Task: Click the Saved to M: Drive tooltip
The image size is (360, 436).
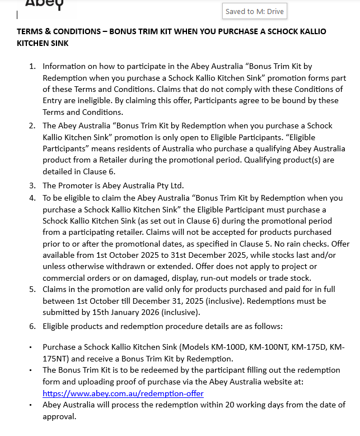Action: click(x=254, y=11)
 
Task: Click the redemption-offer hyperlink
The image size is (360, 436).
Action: click(x=123, y=393)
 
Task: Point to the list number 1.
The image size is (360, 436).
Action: click(x=32, y=66)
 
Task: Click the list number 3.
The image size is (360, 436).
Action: click(x=32, y=185)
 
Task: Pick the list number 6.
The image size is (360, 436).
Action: click(x=32, y=326)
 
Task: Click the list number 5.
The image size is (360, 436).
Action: click(x=32, y=289)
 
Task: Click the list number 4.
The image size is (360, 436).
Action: click(x=32, y=198)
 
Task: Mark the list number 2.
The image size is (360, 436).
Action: click(x=32, y=126)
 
